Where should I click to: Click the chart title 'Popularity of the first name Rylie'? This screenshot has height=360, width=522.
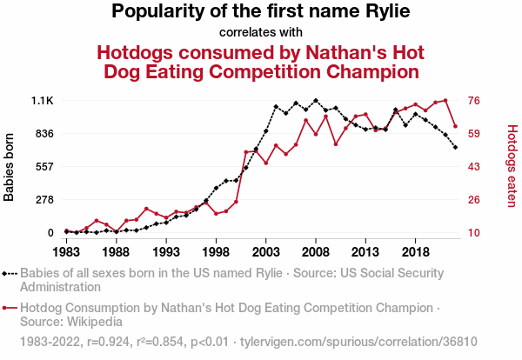click(x=261, y=12)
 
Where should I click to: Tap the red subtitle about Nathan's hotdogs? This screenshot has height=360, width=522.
click(x=261, y=60)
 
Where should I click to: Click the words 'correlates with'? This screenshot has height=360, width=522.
click(x=261, y=33)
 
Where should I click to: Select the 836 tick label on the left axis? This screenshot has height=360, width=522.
click(x=43, y=134)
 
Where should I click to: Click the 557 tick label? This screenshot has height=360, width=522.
click(x=43, y=167)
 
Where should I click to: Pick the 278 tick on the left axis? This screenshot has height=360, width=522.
click(x=43, y=200)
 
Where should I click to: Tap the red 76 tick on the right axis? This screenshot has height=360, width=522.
click(x=475, y=101)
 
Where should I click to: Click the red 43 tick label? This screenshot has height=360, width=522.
click(x=475, y=167)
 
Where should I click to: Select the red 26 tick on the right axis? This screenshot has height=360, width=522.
click(x=475, y=200)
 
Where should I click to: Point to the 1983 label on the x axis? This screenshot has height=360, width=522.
click(x=66, y=251)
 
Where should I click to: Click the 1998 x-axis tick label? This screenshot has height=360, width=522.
click(x=216, y=251)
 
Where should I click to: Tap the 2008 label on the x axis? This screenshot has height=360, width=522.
click(x=316, y=251)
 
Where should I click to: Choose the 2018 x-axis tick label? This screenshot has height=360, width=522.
click(x=415, y=251)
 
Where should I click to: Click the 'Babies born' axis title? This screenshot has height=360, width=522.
click(x=10, y=167)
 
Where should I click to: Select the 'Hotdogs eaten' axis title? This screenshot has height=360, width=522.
click(x=512, y=166)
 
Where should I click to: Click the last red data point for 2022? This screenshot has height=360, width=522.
click(x=455, y=126)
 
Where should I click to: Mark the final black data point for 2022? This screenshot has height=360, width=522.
click(x=455, y=147)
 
